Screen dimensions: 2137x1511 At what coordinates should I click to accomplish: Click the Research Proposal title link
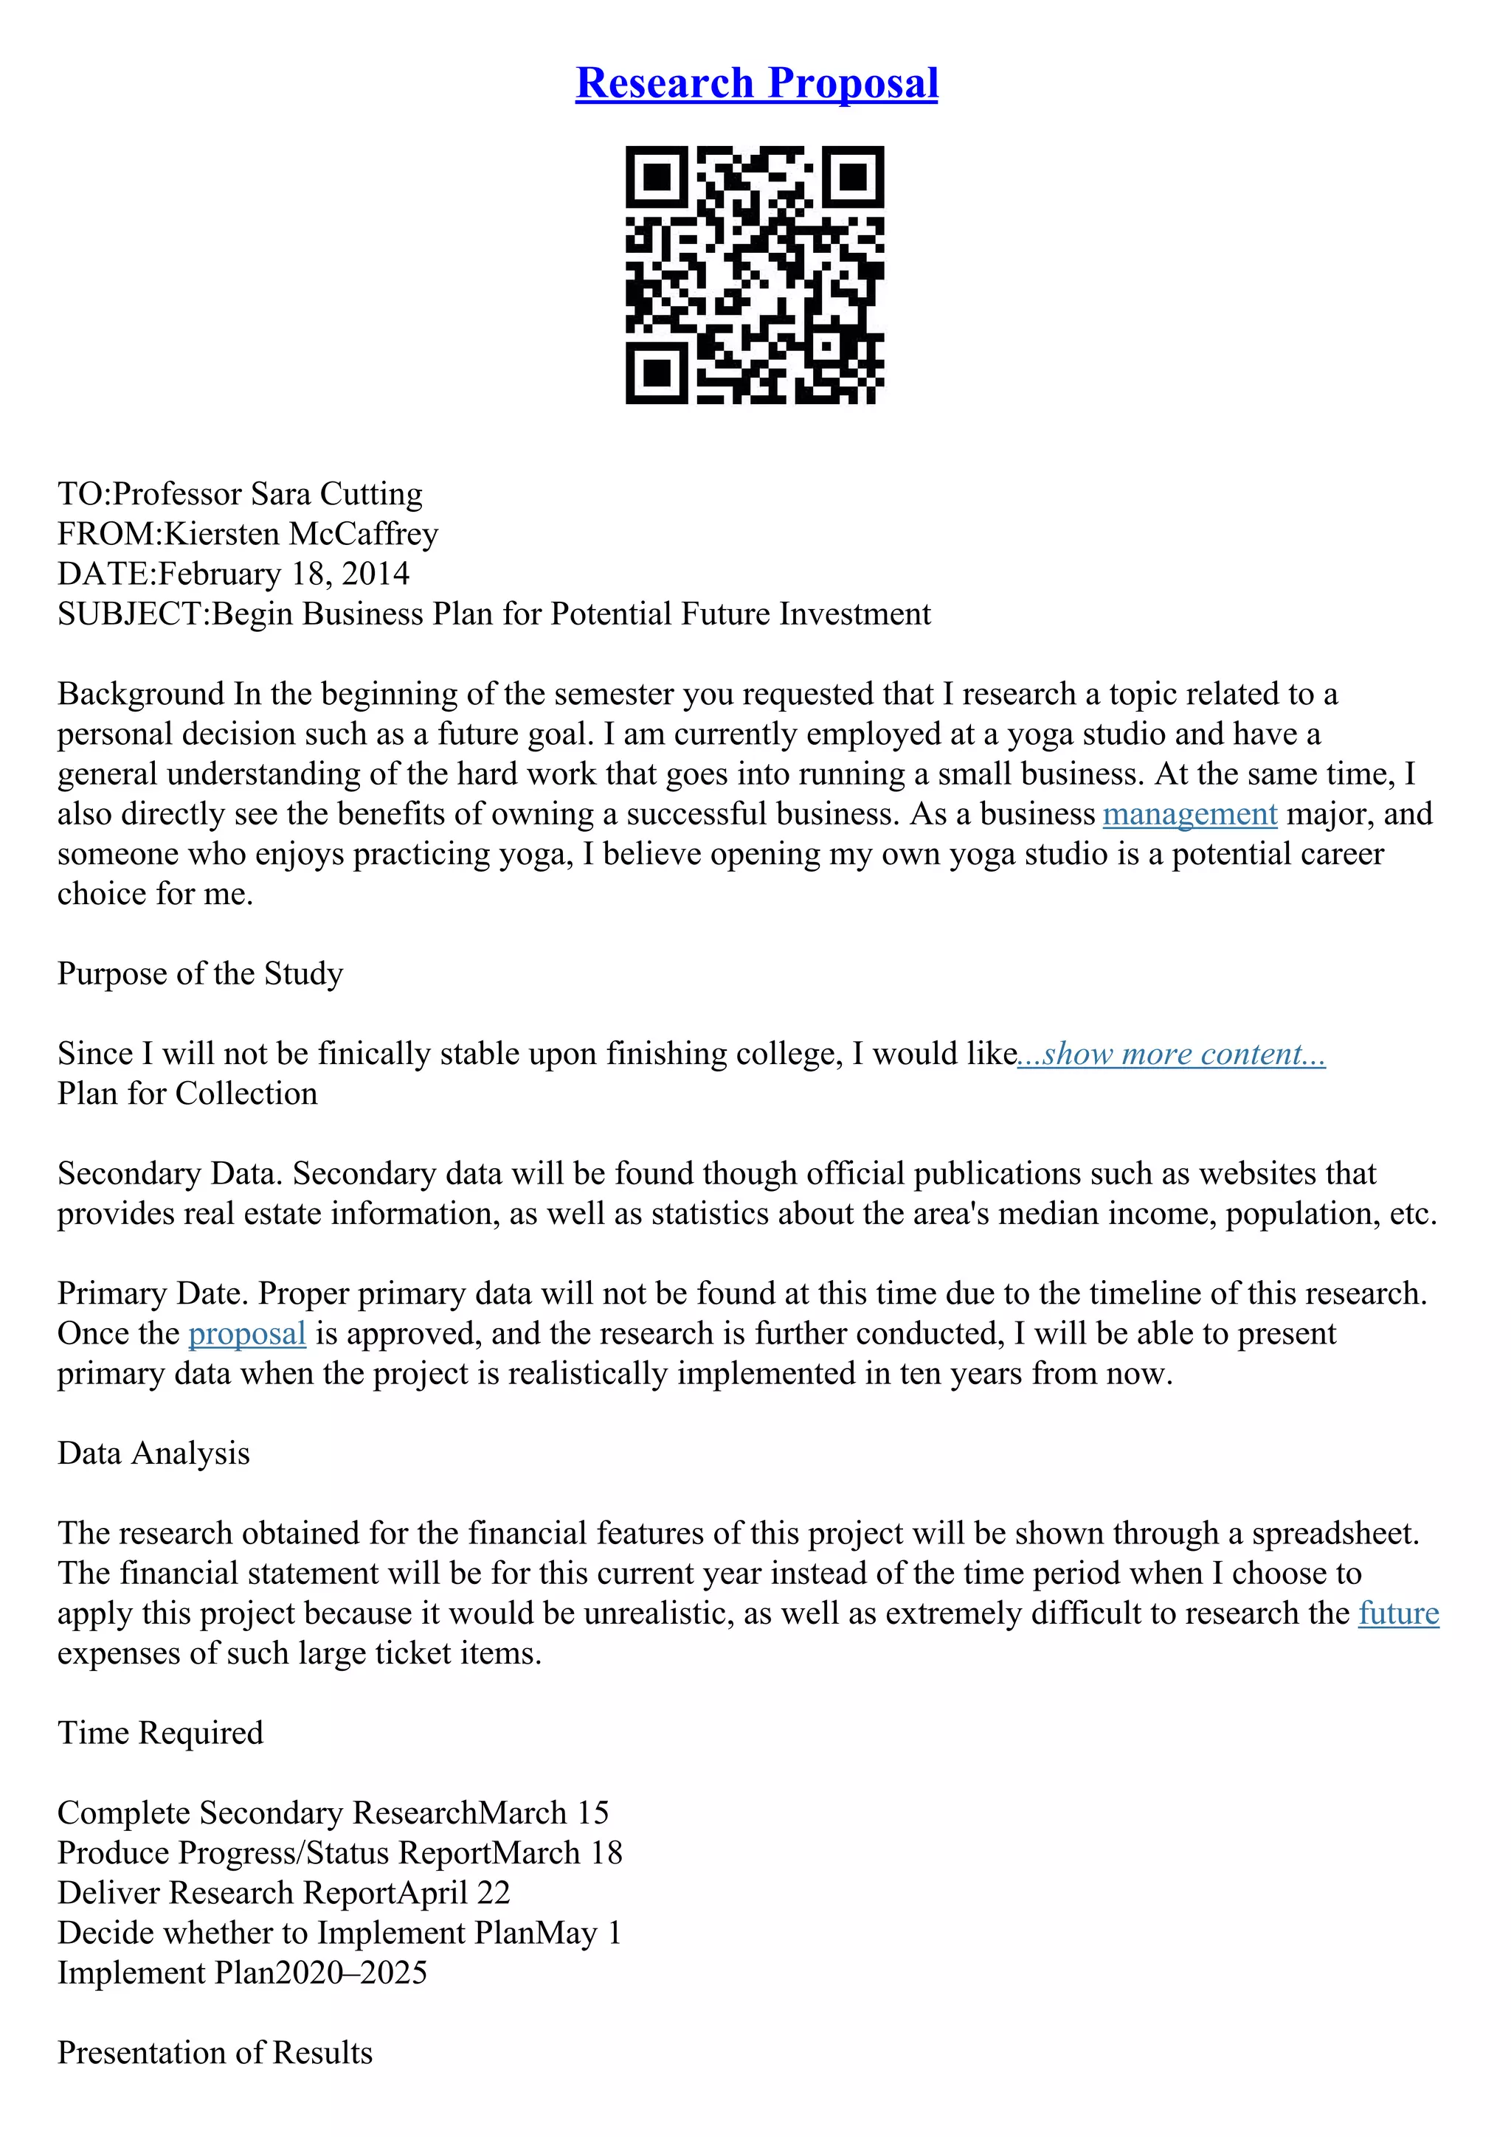(756, 83)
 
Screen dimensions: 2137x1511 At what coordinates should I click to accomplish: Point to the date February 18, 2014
(284, 574)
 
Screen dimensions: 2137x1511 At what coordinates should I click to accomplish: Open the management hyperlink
(1189, 814)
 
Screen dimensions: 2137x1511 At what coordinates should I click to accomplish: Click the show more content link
(1171, 1054)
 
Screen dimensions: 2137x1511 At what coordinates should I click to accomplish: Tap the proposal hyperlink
(246, 1334)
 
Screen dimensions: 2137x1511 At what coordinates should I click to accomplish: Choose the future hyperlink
(1398, 1613)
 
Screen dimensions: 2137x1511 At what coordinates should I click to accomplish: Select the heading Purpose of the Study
(200, 973)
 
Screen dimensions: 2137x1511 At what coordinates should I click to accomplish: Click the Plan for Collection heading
(187, 1094)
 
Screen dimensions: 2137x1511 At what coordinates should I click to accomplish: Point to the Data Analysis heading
(153, 1453)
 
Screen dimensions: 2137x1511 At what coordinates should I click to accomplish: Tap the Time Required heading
(160, 1732)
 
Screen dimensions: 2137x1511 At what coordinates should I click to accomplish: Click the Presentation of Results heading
(215, 2052)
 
